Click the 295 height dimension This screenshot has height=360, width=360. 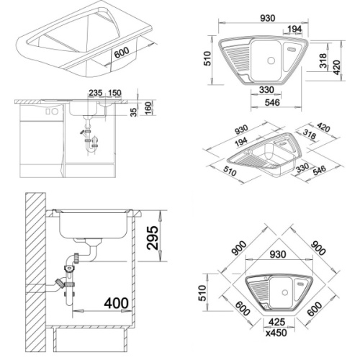tap(153, 238)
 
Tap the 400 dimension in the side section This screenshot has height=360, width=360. tap(116, 303)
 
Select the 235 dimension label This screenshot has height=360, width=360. tap(96, 93)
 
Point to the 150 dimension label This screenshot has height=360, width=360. tap(114, 93)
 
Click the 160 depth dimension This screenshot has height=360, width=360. tap(148, 108)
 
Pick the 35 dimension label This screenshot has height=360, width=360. tap(135, 112)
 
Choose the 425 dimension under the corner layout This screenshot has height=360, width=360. tap(276, 322)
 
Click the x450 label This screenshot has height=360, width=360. tap(276, 333)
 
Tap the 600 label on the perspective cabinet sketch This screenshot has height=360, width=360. tap(122, 53)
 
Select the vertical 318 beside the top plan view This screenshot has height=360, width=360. tap(323, 60)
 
